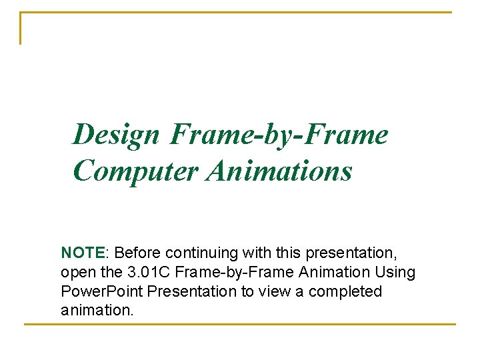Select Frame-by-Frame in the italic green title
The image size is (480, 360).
point(279,135)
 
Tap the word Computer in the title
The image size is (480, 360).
point(137,171)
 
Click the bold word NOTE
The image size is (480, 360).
point(83,253)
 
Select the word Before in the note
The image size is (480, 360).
point(137,253)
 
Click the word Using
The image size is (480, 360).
point(397,273)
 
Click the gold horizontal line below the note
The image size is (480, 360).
point(240,325)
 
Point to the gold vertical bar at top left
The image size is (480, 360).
point(21,28)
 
